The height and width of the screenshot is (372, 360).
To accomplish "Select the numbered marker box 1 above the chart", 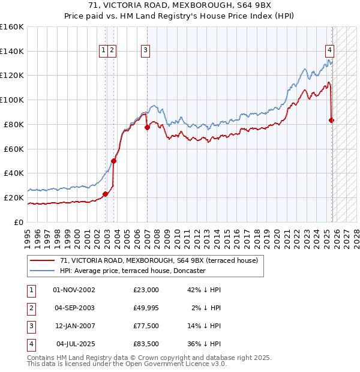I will pos(104,50).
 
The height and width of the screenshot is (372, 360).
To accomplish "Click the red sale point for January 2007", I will pos(147,127).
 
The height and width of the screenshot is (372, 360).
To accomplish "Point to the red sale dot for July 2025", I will pos(332,120).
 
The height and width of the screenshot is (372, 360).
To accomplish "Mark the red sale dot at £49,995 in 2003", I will pos(114,161).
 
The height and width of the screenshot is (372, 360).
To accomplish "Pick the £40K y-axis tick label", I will pos(14,173).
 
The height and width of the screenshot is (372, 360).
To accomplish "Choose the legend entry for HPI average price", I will pos(133,271).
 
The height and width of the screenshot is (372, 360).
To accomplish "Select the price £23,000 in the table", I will pos(146,290).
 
